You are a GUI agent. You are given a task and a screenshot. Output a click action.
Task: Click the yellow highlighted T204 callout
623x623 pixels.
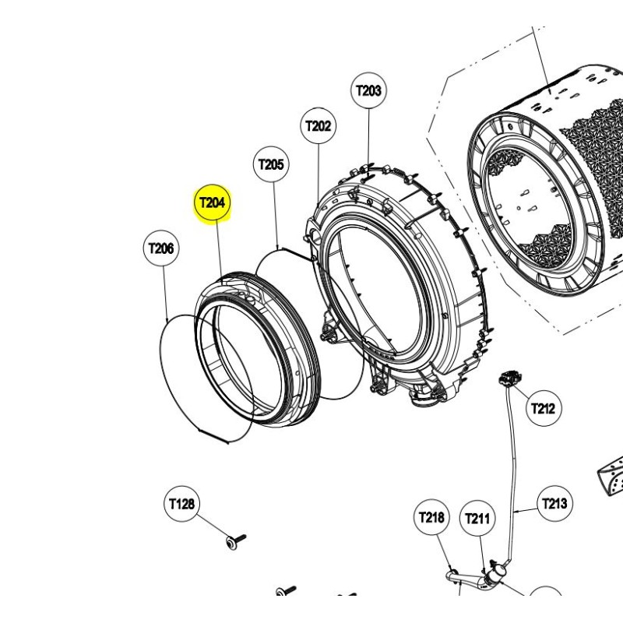click(x=212, y=202)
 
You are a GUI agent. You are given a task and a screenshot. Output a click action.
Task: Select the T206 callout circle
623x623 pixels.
click(x=161, y=248)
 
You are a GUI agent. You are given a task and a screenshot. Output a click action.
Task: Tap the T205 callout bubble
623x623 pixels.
click(x=271, y=164)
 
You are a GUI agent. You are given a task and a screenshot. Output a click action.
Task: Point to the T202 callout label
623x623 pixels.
click(x=318, y=126)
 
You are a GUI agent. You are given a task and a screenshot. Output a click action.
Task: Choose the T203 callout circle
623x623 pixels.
click(x=368, y=90)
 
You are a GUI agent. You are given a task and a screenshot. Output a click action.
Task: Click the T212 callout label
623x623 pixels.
click(x=543, y=408)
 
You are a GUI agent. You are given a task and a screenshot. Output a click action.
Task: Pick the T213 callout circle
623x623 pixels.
click(x=554, y=504)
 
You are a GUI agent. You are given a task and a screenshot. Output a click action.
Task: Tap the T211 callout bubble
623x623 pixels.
click(x=477, y=519)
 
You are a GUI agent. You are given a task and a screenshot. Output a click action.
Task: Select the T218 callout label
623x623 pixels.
click(x=431, y=517)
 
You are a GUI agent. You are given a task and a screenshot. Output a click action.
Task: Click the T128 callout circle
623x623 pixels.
click(x=181, y=504)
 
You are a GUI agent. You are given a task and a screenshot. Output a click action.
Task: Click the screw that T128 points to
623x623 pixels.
click(x=235, y=541)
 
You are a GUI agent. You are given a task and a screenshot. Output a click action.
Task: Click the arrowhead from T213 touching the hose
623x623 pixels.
click(x=516, y=511)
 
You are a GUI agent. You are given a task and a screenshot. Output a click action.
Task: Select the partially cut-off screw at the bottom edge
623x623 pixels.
click(x=286, y=590)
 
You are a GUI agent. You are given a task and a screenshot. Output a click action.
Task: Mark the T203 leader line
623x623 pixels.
click(x=368, y=139)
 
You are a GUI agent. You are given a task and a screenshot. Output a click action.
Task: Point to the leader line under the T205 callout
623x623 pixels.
click(x=276, y=215)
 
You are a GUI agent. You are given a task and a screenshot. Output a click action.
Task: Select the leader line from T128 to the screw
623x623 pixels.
click(x=212, y=525)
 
